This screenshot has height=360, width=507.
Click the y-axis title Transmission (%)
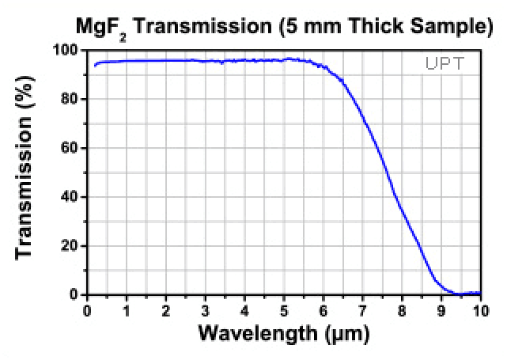click(26, 172)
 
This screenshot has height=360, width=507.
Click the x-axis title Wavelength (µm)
click(283, 333)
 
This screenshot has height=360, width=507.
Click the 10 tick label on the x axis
click(479, 309)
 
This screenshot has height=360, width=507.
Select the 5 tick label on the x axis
click(283, 309)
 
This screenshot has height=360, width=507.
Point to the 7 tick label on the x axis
click(362, 309)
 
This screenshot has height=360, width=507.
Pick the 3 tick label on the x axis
click(205, 309)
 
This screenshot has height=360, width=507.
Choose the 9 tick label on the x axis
click(441, 309)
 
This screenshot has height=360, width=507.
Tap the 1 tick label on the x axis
click(127, 309)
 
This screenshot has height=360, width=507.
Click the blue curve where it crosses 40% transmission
click(395, 197)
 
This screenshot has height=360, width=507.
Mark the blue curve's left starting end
click(94, 66)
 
